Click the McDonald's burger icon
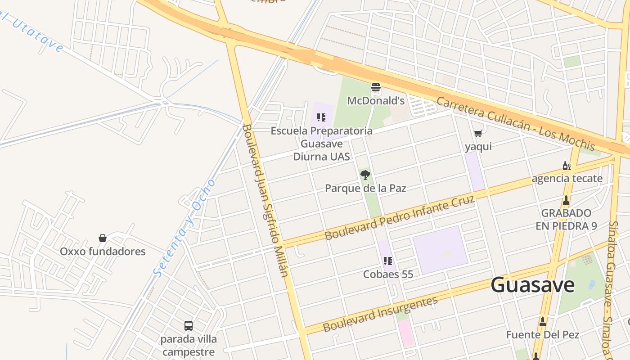[376, 88]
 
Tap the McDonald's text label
[376, 101]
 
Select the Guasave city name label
[532, 285]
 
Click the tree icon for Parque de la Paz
[365, 175]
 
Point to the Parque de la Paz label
[365, 188]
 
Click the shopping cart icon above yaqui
[478, 133]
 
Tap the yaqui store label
[478, 147]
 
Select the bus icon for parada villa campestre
[189, 325]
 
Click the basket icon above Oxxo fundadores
[103, 238]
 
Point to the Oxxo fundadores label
[103, 252]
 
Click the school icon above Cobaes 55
[388, 261]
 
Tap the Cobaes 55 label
[388, 274]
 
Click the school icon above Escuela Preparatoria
[321, 117]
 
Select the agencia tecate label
[567, 179]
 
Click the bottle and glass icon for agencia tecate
[567, 166]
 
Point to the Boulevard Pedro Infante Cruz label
[400, 218]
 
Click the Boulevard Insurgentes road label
[380, 314]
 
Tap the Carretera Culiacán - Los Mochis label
[516, 123]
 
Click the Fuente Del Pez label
[542, 335]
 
